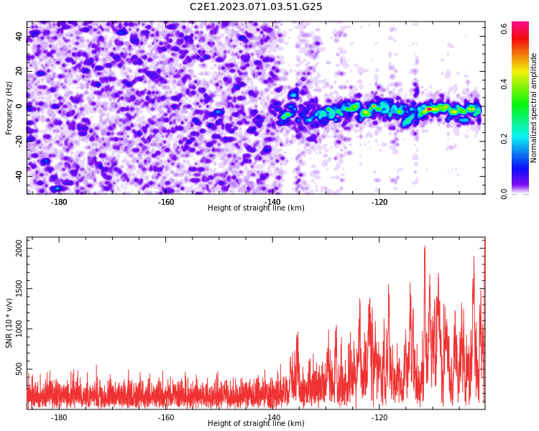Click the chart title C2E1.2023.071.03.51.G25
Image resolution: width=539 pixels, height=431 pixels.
pyautogui.click(x=256, y=6)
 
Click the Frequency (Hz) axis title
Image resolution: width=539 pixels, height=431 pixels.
pyautogui.click(x=9, y=108)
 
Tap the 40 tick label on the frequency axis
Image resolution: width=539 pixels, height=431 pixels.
pyautogui.click(x=19, y=36)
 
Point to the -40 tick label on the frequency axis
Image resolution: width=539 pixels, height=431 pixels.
pyautogui.click(x=19, y=175)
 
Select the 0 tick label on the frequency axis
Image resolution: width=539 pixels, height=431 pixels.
pyautogui.click(x=19, y=106)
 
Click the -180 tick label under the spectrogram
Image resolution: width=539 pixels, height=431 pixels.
pyautogui.click(x=59, y=202)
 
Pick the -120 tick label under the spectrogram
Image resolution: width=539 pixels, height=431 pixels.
pyautogui.click(x=379, y=202)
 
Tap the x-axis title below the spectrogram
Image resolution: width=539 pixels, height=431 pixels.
pyautogui.click(x=256, y=208)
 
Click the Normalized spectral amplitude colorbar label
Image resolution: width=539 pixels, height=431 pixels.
pyautogui.click(x=533, y=108)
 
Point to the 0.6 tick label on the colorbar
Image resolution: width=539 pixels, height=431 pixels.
pyautogui.click(x=505, y=29)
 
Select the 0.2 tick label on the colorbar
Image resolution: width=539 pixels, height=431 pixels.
pyautogui.click(x=505, y=139)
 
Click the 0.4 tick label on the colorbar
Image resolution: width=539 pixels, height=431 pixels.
pyautogui.click(x=505, y=84)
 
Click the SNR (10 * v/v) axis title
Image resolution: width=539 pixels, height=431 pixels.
pyautogui.click(x=9, y=323)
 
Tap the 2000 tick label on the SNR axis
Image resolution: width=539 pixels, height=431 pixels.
pyautogui.click(x=19, y=248)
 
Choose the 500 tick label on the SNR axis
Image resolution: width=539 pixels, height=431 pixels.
pyautogui.click(x=19, y=369)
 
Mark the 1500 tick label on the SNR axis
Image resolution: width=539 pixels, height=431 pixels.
pyautogui.click(x=19, y=289)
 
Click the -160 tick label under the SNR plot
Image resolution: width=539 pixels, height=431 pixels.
pyautogui.click(x=166, y=417)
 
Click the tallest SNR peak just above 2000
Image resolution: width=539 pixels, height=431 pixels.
pyautogui.click(x=425, y=246)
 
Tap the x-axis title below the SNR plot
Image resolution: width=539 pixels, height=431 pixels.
pyautogui.click(x=256, y=423)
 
